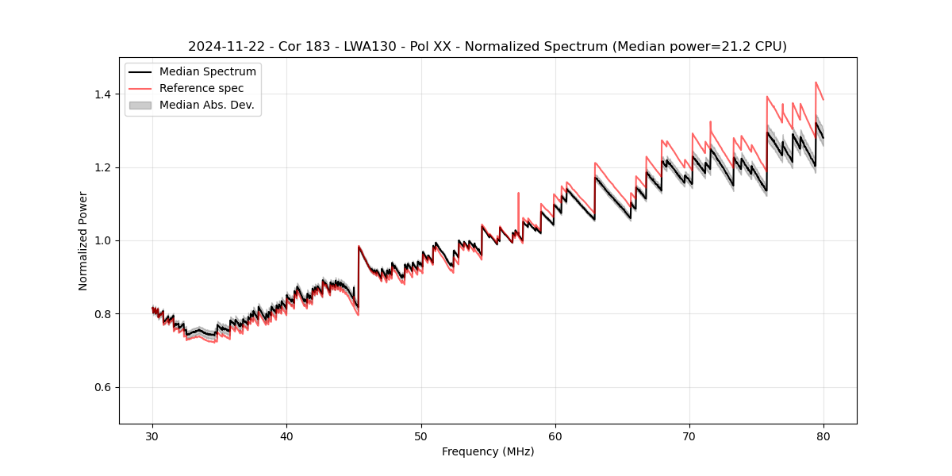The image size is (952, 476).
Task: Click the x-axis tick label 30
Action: click(x=152, y=436)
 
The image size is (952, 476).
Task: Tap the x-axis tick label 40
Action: click(x=286, y=436)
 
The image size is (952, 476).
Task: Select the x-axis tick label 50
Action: click(x=421, y=436)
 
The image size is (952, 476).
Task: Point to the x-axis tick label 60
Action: click(x=555, y=436)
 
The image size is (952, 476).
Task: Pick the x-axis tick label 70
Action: click(x=689, y=436)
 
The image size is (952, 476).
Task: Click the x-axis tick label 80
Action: click(x=823, y=436)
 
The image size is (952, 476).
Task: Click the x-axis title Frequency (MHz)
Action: click(x=488, y=451)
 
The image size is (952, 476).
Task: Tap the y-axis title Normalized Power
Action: click(x=83, y=240)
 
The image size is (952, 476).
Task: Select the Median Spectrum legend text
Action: click(x=208, y=72)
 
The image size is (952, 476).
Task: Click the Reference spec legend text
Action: click(x=202, y=88)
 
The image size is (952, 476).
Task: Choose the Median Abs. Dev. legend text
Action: click(x=207, y=105)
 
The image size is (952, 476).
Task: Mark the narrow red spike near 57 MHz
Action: click(x=518, y=198)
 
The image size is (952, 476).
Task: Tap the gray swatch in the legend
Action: click(x=140, y=105)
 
